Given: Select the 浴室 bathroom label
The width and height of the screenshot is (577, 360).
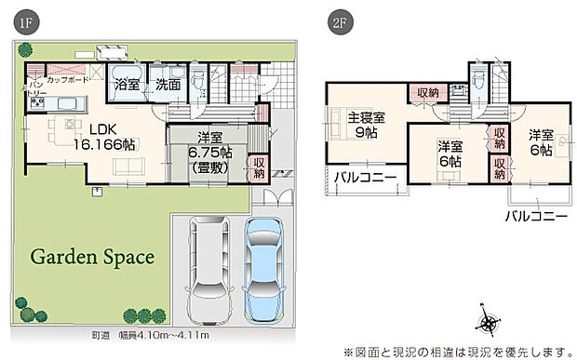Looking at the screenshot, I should [127, 82].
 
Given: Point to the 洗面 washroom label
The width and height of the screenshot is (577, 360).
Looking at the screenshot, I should [168, 82].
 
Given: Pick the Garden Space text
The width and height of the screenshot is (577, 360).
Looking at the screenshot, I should [90, 254].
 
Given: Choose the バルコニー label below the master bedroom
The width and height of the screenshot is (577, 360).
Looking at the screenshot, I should [365, 177].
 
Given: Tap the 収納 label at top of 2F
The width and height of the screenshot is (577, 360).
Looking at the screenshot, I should [427, 92].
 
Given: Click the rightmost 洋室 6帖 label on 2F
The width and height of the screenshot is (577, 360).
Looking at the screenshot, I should [542, 142].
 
